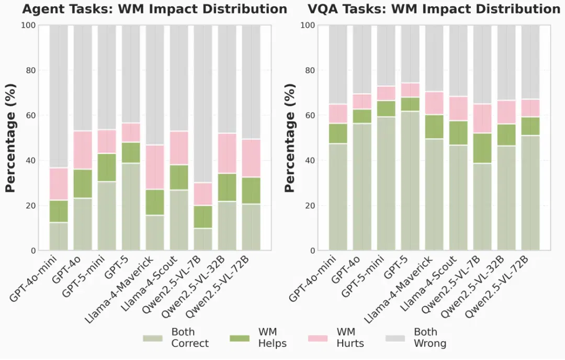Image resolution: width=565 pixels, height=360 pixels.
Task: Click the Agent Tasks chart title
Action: [x=154, y=9]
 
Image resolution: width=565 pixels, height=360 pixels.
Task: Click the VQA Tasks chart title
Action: [x=434, y=9]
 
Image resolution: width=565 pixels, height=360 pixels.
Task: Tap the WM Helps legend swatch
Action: [x=239, y=339]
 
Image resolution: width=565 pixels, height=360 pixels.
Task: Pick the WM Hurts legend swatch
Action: [x=318, y=339]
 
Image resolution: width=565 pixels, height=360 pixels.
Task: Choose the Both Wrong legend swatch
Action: [x=395, y=339]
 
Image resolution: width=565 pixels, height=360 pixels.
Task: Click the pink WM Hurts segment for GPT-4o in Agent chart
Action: [x=83, y=150]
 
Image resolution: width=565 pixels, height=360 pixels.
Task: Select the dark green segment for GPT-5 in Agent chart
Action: [x=131, y=153]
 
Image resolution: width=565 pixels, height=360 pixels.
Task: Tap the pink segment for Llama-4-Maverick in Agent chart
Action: [x=155, y=167]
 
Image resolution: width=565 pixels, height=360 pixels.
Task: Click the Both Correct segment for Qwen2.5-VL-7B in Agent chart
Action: [x=203, y=239]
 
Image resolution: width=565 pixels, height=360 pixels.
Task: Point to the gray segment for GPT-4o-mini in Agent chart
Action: [x=59, y=97]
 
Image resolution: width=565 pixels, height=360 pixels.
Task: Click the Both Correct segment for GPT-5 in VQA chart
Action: [x=411, y=181]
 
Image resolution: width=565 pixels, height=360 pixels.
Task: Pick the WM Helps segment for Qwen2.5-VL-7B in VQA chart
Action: [x=482, y=149]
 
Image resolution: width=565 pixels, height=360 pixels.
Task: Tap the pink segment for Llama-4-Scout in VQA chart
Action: [x=458, y=108]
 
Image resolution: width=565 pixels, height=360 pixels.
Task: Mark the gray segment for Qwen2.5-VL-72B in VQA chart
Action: [x=530, y=62]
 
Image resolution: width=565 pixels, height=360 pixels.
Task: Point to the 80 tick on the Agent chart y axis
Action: [x=31, y=70]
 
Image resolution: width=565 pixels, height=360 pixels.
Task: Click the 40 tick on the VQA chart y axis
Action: [x=310, y=160]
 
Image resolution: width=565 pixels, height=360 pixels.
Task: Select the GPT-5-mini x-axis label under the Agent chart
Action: [x=84, y=276]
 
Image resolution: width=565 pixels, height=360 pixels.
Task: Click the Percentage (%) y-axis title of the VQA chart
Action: [x=290, y=138]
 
